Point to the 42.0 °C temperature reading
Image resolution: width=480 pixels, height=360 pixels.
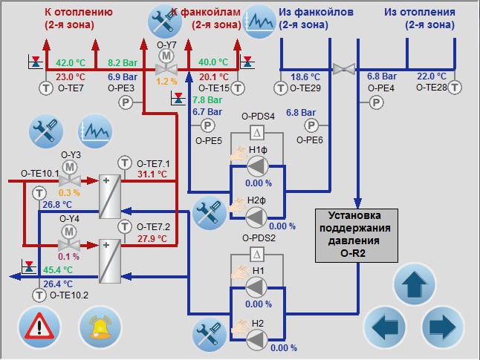pos(71,62)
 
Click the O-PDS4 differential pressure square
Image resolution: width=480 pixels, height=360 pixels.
pos(257,133)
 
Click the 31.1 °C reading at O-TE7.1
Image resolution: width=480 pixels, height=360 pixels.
pos(153,174)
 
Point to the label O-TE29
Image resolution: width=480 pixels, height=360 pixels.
pos(305,88)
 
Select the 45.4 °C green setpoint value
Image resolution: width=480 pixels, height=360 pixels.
pos(54,269)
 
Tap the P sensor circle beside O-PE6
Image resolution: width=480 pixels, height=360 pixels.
pos(312,124)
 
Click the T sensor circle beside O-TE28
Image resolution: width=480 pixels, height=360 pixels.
pos(455,88)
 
